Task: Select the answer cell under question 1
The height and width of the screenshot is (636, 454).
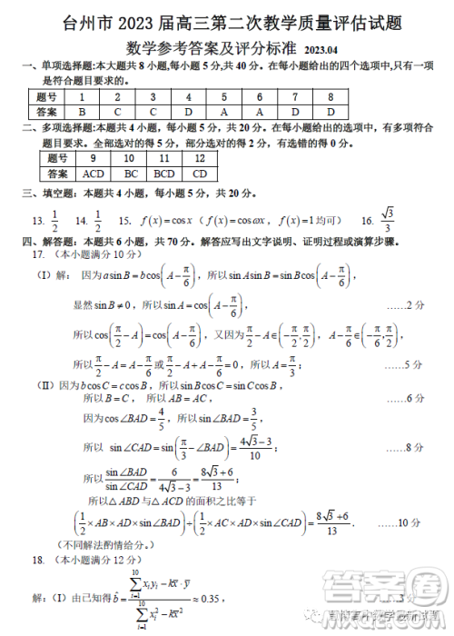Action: pos(82,112)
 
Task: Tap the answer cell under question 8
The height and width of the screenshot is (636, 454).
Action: pos(331,112)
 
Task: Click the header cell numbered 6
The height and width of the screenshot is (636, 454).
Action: pos(260,96)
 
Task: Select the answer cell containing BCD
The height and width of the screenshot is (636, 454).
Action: pos(164,173)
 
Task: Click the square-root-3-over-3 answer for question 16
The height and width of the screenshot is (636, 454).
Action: pos(389,220)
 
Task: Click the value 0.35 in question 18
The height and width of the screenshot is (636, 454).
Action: pos(208,600)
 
